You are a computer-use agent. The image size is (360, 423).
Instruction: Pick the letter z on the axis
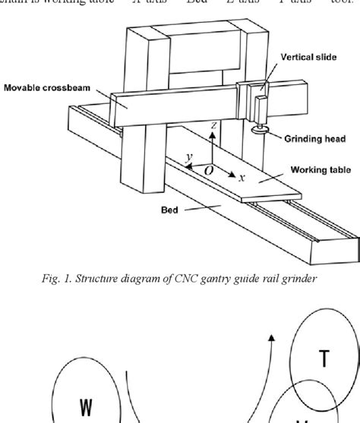pyautogui.click(x=216, y=124)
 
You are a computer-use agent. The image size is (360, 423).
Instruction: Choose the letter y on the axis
pyautogui.click(x=188, y=156)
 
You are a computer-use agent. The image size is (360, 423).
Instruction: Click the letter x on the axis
pyautogui.click(x=242, y=177)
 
